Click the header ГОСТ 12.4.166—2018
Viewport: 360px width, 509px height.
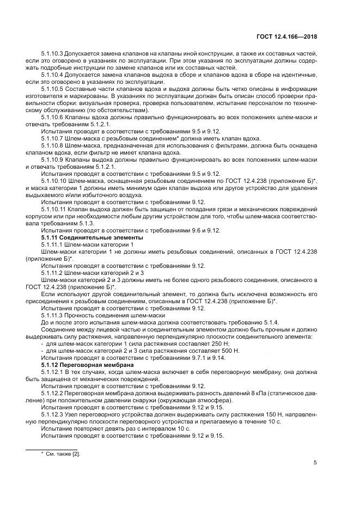point(286,38)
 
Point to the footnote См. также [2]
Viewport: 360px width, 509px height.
point(62,452)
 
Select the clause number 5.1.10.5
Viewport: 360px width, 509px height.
point(53,89)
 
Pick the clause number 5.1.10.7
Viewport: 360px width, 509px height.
point(53,139)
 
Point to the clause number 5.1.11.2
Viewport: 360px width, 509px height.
point(51,273)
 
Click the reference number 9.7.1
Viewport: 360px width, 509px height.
point(192,358)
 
